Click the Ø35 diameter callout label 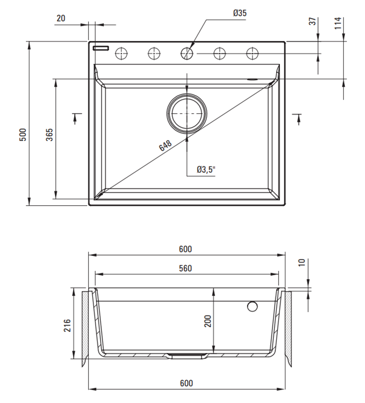pos(240,13)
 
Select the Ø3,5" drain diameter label pos(206,169)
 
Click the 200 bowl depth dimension pos(208,321)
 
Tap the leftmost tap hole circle pos(122,53)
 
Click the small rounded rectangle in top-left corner pos(102,47)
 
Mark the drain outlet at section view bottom pos(187,356)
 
